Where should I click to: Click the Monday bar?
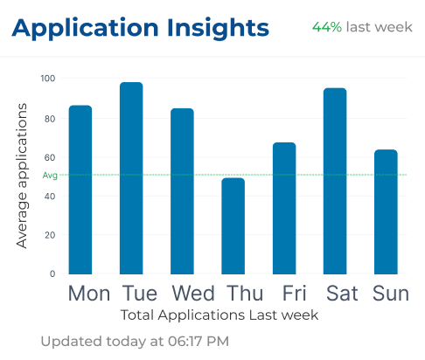click(x=80, y=190)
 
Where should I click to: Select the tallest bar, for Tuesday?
click(x=131, y=178)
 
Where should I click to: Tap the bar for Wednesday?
click(x=182, y=191)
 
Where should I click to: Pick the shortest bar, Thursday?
click(x=233, y=226)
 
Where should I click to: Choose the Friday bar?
click(x=284, y=208)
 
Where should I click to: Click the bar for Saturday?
click(x=335, y=181)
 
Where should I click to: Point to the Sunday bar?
click(x=386, y=212)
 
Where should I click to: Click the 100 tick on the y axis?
click(x=48, y=79)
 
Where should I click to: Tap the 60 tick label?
click(x=50, y=157)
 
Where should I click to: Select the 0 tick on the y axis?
click(x=52, y=273)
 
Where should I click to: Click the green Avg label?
click(x=50, y=176)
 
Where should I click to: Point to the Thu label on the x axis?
click(x=245, y=293)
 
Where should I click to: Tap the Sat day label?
click(x=342, y=293)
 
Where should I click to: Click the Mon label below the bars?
click(x=89, y=293)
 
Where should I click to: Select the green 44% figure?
click(x=327, y=27)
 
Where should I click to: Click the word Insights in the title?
click(x=218, y=29)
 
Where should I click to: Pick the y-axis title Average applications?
click(x=22, y=176)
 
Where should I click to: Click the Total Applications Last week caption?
click(x=219, y=315)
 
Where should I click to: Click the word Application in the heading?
click(x=85, y=29)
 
